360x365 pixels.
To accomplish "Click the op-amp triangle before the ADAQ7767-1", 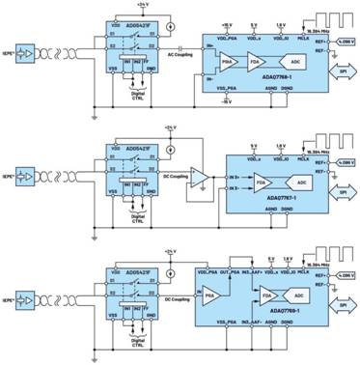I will pyautogui.click(x=198, y=176).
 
